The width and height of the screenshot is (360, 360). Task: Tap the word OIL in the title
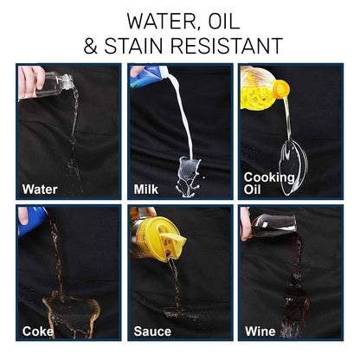[224, 21]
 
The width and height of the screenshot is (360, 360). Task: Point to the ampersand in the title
[90, 46]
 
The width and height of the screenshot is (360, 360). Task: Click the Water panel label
[40, 190]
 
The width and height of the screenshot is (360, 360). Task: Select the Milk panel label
[146, 190]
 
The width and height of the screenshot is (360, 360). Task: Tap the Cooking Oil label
[269, 183]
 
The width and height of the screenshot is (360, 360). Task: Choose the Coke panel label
[38, 331]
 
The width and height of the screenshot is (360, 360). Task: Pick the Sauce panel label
[152, 331]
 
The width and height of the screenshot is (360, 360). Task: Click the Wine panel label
[260, 331]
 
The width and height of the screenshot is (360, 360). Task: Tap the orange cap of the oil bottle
[280, 89]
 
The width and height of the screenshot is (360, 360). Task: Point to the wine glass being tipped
[273, 225]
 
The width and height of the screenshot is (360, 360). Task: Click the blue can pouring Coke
[32, 222]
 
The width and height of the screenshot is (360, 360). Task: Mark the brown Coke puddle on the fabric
[71, 313]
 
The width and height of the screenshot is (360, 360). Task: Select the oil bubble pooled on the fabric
[293, 167]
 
